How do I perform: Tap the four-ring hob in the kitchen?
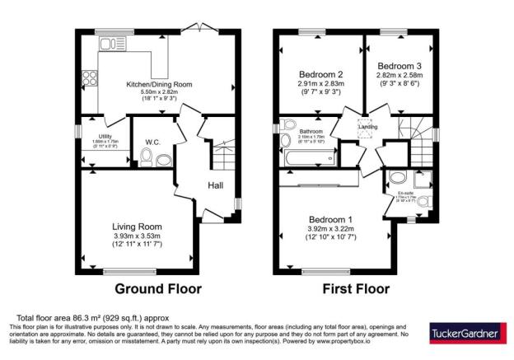click(x=88, y=80)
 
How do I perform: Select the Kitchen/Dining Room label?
click(x=159, y=84)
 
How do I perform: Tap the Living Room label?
click(x=137, y=227)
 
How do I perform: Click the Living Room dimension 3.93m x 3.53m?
click(x=137, y=237)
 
